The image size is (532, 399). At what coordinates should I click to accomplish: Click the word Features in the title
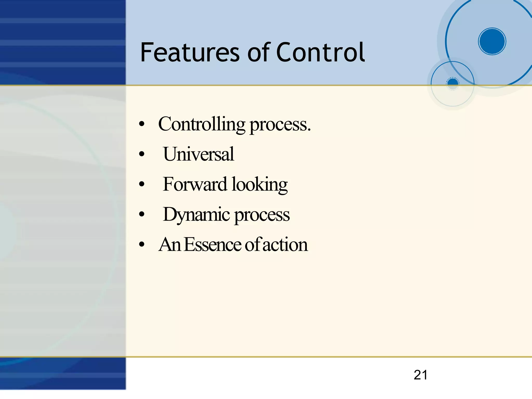click(190, 53)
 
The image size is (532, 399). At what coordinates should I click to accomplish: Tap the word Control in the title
click(321, 53)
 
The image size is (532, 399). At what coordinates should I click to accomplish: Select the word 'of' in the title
click(259, 53)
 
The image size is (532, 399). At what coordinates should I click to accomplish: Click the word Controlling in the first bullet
click(202, 124)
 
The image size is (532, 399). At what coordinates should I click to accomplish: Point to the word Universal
click(198, 154)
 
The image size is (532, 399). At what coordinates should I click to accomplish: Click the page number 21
click(421, 375)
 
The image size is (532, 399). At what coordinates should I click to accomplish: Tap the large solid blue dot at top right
click(492, 41)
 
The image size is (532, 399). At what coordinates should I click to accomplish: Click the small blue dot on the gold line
click(453, 83)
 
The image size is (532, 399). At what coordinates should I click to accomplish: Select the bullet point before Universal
click(142, 154)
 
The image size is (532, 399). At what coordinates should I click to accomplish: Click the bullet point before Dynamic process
click(142, 214)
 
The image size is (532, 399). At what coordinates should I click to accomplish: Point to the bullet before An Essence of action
click(142, 245)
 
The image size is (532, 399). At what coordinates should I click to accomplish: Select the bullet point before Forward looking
click(142, 184)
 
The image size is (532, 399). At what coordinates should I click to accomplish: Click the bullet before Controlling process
click(142, 124)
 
